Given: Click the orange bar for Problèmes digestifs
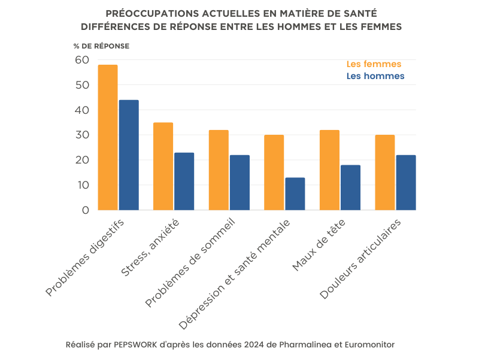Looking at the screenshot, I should [108, 138].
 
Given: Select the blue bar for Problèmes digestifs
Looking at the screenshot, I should [129, 155].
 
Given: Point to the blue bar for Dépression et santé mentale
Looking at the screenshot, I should [295, 194].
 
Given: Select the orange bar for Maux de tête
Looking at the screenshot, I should [329, 170].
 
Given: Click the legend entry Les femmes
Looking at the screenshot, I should [374, 64].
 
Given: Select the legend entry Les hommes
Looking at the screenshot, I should [375, 76].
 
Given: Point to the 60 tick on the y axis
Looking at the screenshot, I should [81, 60].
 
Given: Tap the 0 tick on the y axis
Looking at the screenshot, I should [85, 210].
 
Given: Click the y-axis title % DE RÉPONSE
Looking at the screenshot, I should [101, 46].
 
